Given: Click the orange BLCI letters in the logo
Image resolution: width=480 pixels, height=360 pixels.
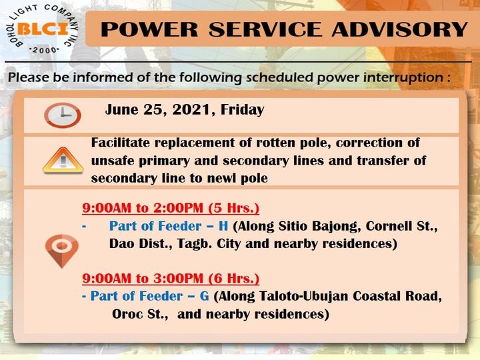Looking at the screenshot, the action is pyautogui.click(x=43, y=29).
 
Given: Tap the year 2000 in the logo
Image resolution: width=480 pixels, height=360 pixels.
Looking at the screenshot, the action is pyautogui.click(x=45, y=50).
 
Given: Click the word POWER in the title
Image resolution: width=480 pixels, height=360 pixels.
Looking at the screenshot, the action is pyautogui.click(x=150, y=29).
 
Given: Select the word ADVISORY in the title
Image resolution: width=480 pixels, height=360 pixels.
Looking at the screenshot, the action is pyautogui.click(x=399, y=29).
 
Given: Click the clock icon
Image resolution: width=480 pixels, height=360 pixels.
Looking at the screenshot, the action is pyautogui.click(x=63, y=115).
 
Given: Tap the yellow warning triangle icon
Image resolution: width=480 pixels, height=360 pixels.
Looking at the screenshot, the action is pyautogui.click(x=63, y=161).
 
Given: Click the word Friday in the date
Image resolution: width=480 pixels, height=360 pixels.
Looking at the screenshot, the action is pyautogui.click(x=242, y=110).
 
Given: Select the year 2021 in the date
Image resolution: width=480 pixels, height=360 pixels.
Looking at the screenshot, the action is pyautogui.click(x=191, y=110).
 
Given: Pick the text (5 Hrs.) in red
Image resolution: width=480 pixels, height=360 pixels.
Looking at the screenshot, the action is pyautogui.click(x=233, y=208).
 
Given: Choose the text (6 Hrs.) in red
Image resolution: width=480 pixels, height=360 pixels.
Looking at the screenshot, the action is pyautogui.click(x=233, y=278).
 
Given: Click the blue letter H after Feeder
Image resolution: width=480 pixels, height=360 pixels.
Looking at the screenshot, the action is pyautogui.click(x=223, y=226).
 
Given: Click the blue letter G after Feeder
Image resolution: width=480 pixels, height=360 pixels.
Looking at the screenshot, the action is pyautogui.click(x=204, y=296).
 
